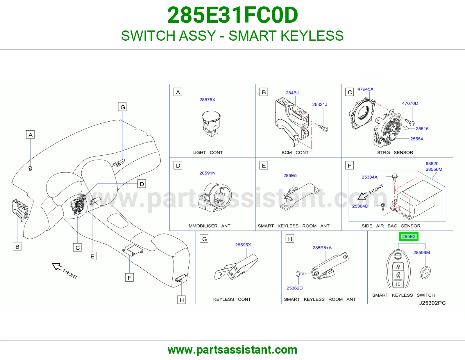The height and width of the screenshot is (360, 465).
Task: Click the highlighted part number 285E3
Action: pos(409,236)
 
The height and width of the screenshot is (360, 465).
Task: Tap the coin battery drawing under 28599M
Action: pos(425,273)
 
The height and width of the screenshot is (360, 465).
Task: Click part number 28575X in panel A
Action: pos(207,100)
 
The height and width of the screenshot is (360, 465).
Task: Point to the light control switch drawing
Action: pos(211,124)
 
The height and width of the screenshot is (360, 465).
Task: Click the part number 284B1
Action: pos(292,93)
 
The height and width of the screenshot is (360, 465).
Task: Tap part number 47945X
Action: pos(365,89)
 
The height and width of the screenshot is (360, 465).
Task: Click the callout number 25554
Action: pos(416,139)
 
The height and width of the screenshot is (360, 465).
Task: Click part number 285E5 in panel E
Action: pos(290,176)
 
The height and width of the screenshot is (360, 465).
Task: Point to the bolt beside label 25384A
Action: pos(394,178)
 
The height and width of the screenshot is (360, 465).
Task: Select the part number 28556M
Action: pos(434,169)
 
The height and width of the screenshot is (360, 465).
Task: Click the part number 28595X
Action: pos(243,245)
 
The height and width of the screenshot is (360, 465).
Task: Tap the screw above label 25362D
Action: pos(301,274)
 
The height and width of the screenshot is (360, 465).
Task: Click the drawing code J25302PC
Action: pos(432,303)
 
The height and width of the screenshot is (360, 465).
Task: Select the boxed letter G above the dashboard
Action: pos(122,107)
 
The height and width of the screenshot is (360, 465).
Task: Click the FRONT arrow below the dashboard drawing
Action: pos(57,267)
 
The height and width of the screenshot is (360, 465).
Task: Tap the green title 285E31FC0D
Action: pos(233,15)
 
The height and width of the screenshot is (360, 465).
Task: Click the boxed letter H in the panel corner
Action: pos(290,239)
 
